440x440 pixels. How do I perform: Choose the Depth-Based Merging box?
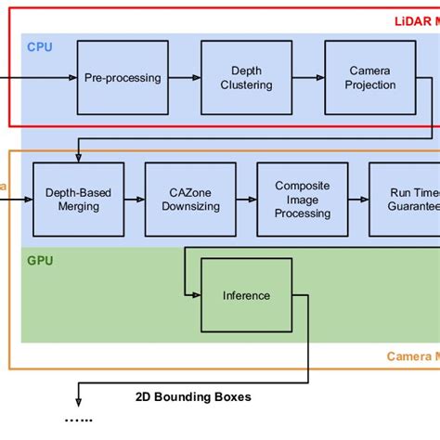(x=78, y=200)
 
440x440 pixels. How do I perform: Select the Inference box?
(x=246, y=295)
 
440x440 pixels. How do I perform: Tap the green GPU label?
(x=39, y=261)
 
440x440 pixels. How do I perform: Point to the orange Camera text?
(x=412, y=356)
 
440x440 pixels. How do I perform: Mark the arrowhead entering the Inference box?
(x=196, y=295)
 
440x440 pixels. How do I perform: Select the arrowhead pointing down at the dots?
(x=78, y=403)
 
